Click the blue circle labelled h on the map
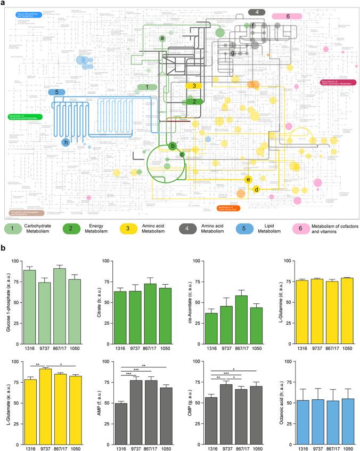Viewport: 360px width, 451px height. tap(66, 142)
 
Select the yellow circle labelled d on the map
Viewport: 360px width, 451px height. tap(256, 189)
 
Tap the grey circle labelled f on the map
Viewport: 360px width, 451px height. tap(253, 25)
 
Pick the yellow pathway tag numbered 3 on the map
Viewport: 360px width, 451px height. tap(194, 85)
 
